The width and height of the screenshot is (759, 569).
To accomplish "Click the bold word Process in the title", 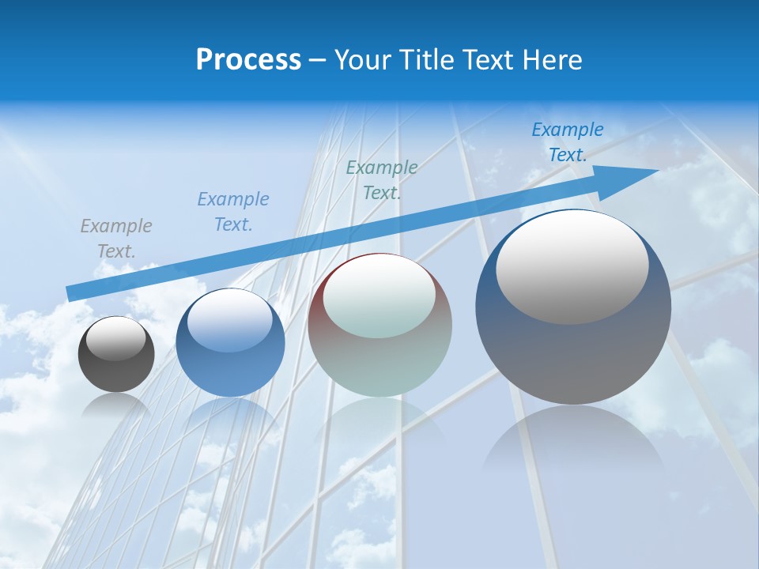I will tap(248, 60).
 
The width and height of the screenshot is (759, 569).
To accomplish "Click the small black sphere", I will tap(116, 355).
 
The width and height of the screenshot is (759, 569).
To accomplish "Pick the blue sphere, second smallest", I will tap(230, 344).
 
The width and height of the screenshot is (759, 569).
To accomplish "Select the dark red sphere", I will tap(379, 326).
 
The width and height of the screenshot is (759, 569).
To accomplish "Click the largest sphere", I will tap(573, 307).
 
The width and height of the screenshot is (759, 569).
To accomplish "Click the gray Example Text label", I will tap(116, 238).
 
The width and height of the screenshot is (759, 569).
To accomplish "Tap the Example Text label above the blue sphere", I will tap(233, 211).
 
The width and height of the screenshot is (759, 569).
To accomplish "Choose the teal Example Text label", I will tap(382, 179).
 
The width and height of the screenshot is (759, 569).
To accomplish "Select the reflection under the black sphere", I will tap(116, 406).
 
